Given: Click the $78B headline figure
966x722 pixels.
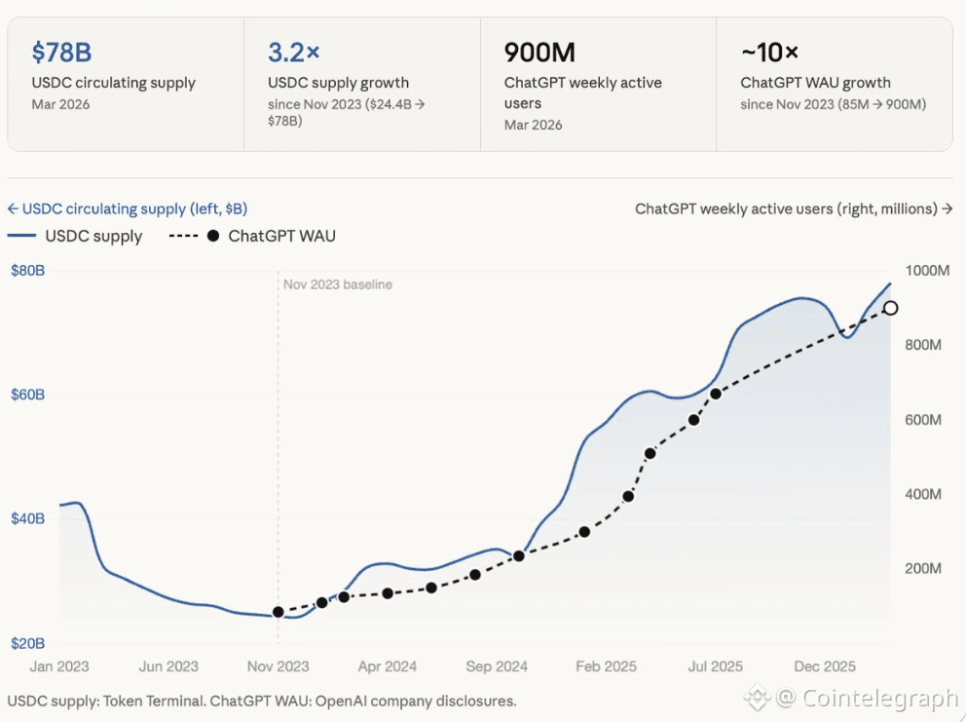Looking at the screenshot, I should (61, 52).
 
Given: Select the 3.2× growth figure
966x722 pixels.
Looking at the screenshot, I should (293, 52).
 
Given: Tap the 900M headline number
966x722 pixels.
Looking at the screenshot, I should (537, 52).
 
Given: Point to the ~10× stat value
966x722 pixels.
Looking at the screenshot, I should (769, 52).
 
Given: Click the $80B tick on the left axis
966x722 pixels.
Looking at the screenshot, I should (27, 270).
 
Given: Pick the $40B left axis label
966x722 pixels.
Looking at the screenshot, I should (27, 518).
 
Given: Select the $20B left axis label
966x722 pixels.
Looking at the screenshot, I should (27, 643).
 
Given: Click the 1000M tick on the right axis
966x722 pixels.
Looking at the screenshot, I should (926, 270).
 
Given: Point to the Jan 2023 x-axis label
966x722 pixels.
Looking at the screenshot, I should (58, 666).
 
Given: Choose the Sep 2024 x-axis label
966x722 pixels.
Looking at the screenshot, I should (497, 666).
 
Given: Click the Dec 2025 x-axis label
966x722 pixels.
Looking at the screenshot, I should (825, 666).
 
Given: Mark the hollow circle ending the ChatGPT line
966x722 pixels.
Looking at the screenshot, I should (890, 308).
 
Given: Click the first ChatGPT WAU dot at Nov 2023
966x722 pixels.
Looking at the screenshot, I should (279, 612).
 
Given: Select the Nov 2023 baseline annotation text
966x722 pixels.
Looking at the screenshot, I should (337, 285).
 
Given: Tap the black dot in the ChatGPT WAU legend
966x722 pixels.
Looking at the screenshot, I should (212, 236).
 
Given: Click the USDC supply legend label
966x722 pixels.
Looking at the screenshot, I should (93, 236).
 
